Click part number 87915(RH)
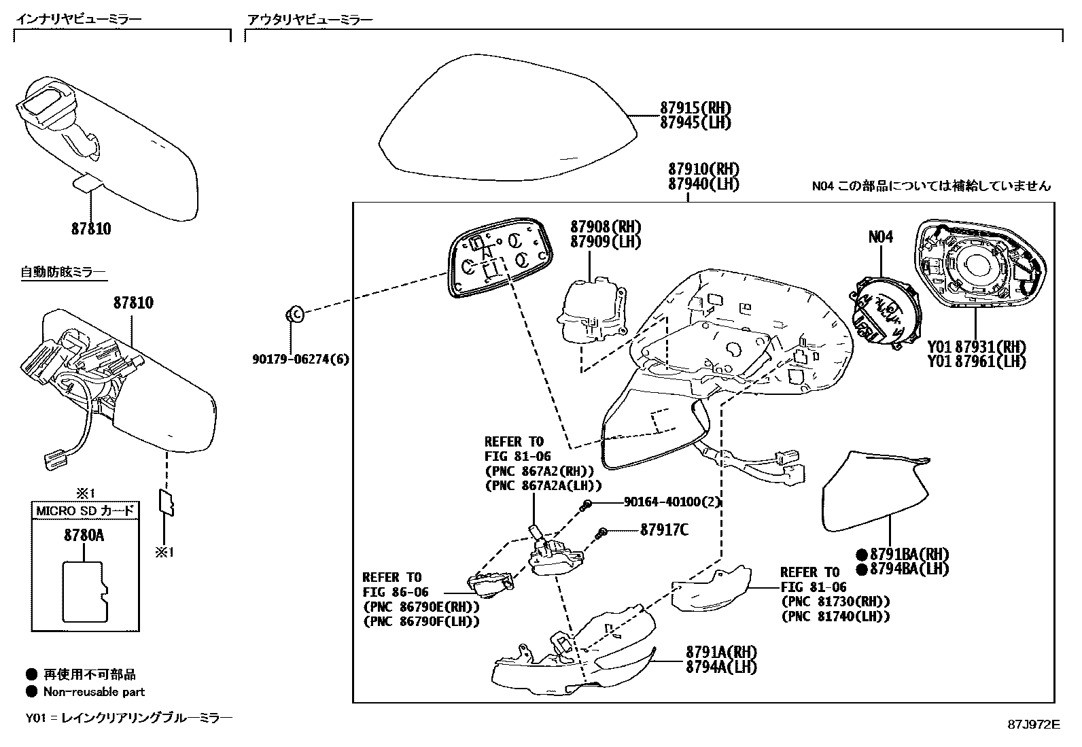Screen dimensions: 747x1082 point(695,107)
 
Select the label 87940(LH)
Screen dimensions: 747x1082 point(703,184)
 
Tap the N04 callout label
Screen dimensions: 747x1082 point(881,237)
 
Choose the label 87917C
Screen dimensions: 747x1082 point(664,529)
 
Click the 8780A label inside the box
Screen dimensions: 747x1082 point(84,536)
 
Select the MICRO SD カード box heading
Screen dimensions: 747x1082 point(85,511)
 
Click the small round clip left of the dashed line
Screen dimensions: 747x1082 point(294,314)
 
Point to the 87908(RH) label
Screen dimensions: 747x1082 point(605,227)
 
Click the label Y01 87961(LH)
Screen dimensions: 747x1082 point(977,362)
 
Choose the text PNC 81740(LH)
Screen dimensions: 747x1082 point(835,616)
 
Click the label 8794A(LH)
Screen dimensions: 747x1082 point(721,667)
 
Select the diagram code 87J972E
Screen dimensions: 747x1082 point(1033,724)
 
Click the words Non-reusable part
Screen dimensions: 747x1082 point(94,692)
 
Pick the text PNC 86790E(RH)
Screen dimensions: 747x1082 point(421,606)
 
